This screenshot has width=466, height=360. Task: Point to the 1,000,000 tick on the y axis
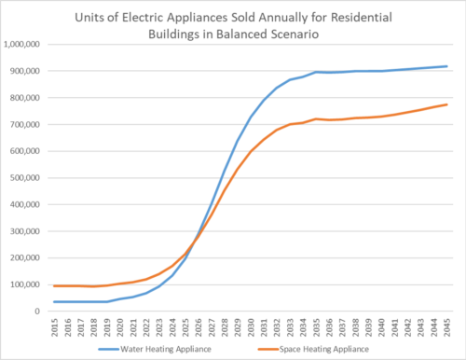(x=24, y=44)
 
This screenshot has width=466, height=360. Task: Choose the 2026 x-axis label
(x=198, y=325)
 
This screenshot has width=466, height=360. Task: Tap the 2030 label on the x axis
(x=251, y=325)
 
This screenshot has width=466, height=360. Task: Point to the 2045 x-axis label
(x=446, y=325)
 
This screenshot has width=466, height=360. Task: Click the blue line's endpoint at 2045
(x=446, y=66)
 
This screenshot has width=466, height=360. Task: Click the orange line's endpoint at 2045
(x=446, y=104)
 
